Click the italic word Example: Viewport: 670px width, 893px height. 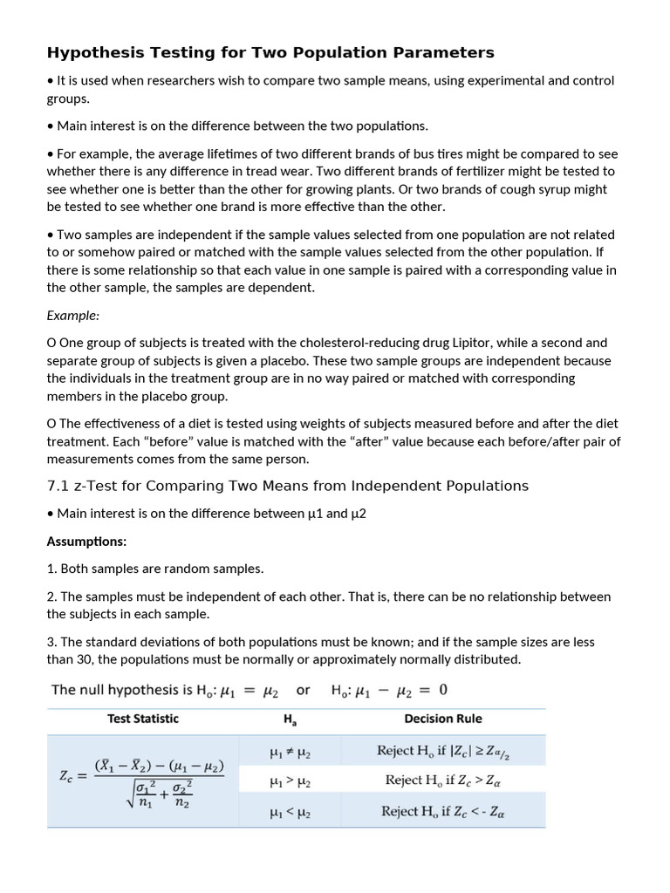coord(73,315)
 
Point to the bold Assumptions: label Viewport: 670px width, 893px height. coord(86,541)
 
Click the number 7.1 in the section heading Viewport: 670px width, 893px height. coord(58,486)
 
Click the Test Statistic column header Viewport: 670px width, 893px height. coord(142,719)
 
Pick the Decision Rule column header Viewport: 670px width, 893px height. coord(442,719)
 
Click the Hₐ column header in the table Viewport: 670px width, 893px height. coord(291,720)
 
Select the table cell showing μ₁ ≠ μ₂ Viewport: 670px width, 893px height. coord(291,750)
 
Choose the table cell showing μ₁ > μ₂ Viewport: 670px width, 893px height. coord(291,781)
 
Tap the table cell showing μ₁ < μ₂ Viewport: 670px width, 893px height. coord(291,812)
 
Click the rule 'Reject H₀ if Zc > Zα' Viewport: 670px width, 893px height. coord(442,781)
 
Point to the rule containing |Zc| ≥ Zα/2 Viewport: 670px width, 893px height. coord(442,750)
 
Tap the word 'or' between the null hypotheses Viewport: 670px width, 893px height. coord(303,690)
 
